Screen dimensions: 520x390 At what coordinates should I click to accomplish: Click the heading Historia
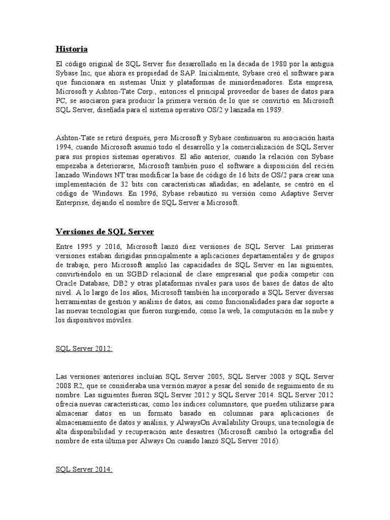click(72, 49)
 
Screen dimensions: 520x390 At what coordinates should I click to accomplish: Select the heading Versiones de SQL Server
click(105, 232)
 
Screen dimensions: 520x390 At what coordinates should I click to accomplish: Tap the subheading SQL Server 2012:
click(84, 349)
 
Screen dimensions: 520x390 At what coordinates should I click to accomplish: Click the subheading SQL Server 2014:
click(84, 469)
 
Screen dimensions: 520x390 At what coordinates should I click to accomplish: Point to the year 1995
click(83, 246)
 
